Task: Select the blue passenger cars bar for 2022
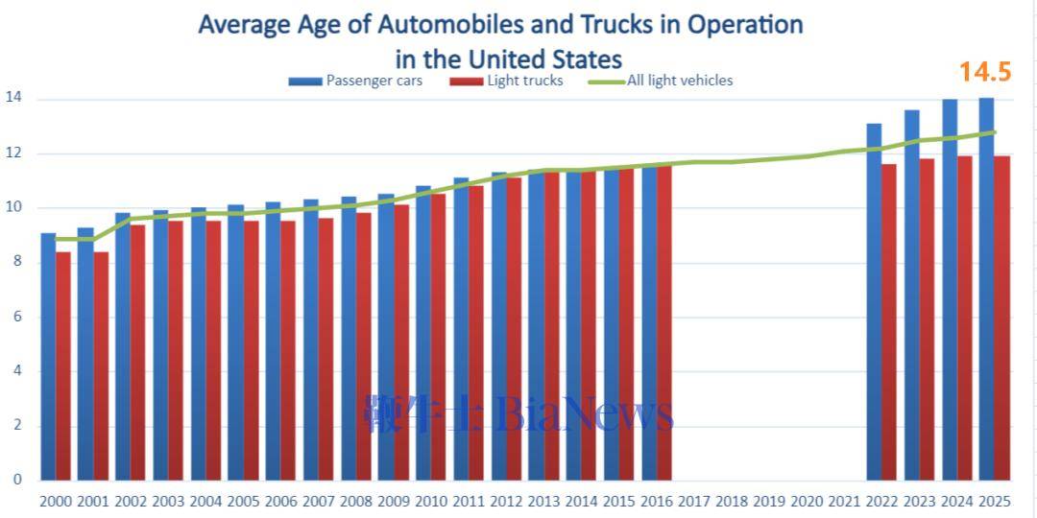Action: [x=874, y=302]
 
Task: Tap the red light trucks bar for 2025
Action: [x=1001, y=317]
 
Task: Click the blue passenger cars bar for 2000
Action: [x=48, y=355]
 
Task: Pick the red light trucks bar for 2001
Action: [x=101, y=365]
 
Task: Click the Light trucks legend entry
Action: [x=524, y=81]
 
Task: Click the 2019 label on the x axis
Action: [x=769, y=501]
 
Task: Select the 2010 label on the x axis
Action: [x=431, y=501]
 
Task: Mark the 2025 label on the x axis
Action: [x=995, y=501]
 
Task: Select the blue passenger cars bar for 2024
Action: [x=950, y=288]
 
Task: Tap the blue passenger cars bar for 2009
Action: [x=386, y=336]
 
